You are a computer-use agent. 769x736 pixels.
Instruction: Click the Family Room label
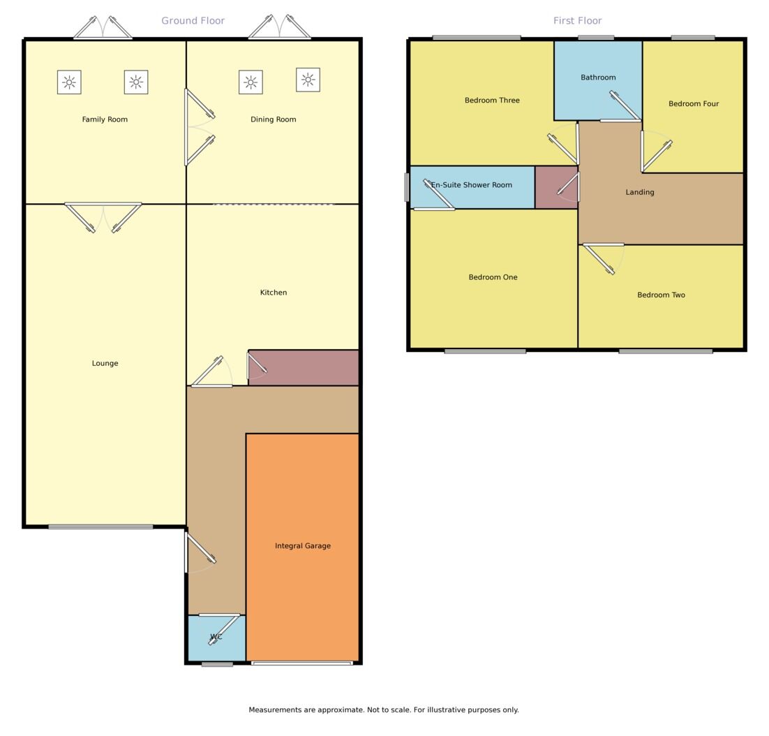tap(105, 119)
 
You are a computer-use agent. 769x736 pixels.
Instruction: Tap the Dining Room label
tap(273, 119)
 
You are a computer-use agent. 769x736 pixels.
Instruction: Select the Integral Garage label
tap(302, 546)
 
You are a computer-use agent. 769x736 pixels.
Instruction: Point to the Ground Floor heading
tap(193, 21)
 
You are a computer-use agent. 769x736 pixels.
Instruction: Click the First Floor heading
tap(577, 21)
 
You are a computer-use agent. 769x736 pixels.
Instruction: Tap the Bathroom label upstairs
tap(598, 78)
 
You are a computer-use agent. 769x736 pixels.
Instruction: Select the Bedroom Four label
tap(693, 104)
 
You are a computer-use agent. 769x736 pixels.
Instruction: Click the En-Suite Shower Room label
tap(472, 185)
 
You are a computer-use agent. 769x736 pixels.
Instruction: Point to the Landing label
tap(639, 192)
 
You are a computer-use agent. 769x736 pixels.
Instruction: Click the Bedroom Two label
tap(660, 295)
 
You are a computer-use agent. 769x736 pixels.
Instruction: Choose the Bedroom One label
tap(493, 277)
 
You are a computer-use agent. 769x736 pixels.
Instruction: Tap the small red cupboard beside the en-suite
tap(556, 187)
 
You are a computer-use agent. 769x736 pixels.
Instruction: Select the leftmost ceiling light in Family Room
tap(69, 82)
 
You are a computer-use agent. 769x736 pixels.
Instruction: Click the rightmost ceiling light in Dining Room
tap(308, 80)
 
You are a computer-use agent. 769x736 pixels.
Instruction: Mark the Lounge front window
tap(100, 527)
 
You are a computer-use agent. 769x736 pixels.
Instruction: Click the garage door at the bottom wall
tap(301, 663)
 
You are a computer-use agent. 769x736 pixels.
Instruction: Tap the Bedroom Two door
tap(603, 256)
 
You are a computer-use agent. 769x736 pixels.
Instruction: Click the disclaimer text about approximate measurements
tap(383, 709)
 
